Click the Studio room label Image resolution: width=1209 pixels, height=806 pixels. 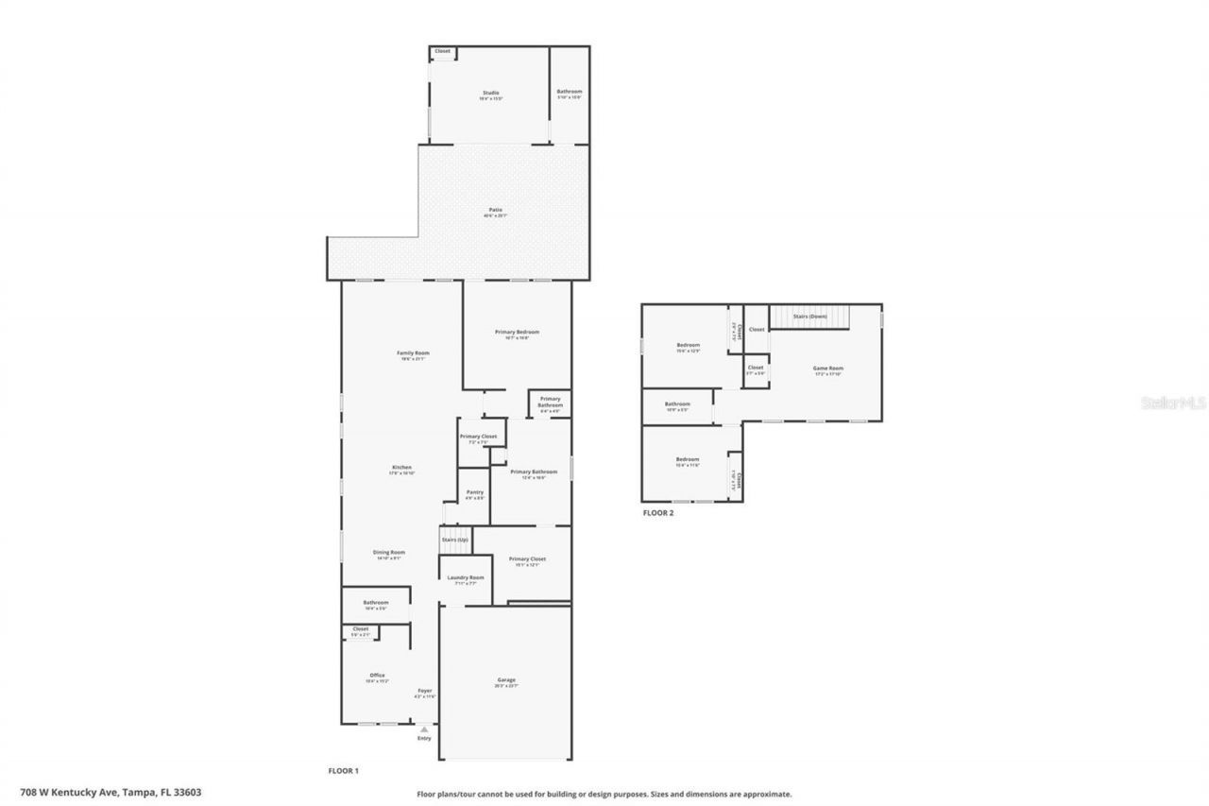click(x=490, y=93)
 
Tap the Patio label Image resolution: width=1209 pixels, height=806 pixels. click(x=496, y=210)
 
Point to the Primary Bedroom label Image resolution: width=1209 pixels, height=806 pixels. click(x=517, y=333)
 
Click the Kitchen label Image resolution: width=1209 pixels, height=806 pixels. click(x=402, y=468)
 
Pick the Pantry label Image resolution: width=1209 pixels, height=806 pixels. click(x=475, y=492)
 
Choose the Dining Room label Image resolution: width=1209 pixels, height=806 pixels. click(x=389, y=553)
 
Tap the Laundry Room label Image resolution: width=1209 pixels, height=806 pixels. click(x=466, y=577)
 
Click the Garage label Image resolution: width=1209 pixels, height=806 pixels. click(x=506, y=679)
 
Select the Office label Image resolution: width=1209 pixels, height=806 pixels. click(x=377, y=676)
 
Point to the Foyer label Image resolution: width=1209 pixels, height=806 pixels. click(x=425, y=692)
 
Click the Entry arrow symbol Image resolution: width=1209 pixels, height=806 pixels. click(x=424, y=729)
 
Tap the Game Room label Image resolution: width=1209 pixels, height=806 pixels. click(x=828, y=369)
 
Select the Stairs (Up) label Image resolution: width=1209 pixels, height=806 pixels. click(x=455, y=540)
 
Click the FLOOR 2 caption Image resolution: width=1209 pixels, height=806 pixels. click(x=658, y=513)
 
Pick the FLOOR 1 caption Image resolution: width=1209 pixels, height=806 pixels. click(x=343, y=771)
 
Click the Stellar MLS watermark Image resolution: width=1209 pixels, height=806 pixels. click(x=1174, y=403)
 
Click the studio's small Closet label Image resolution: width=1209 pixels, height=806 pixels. click(x=442, y=51)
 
